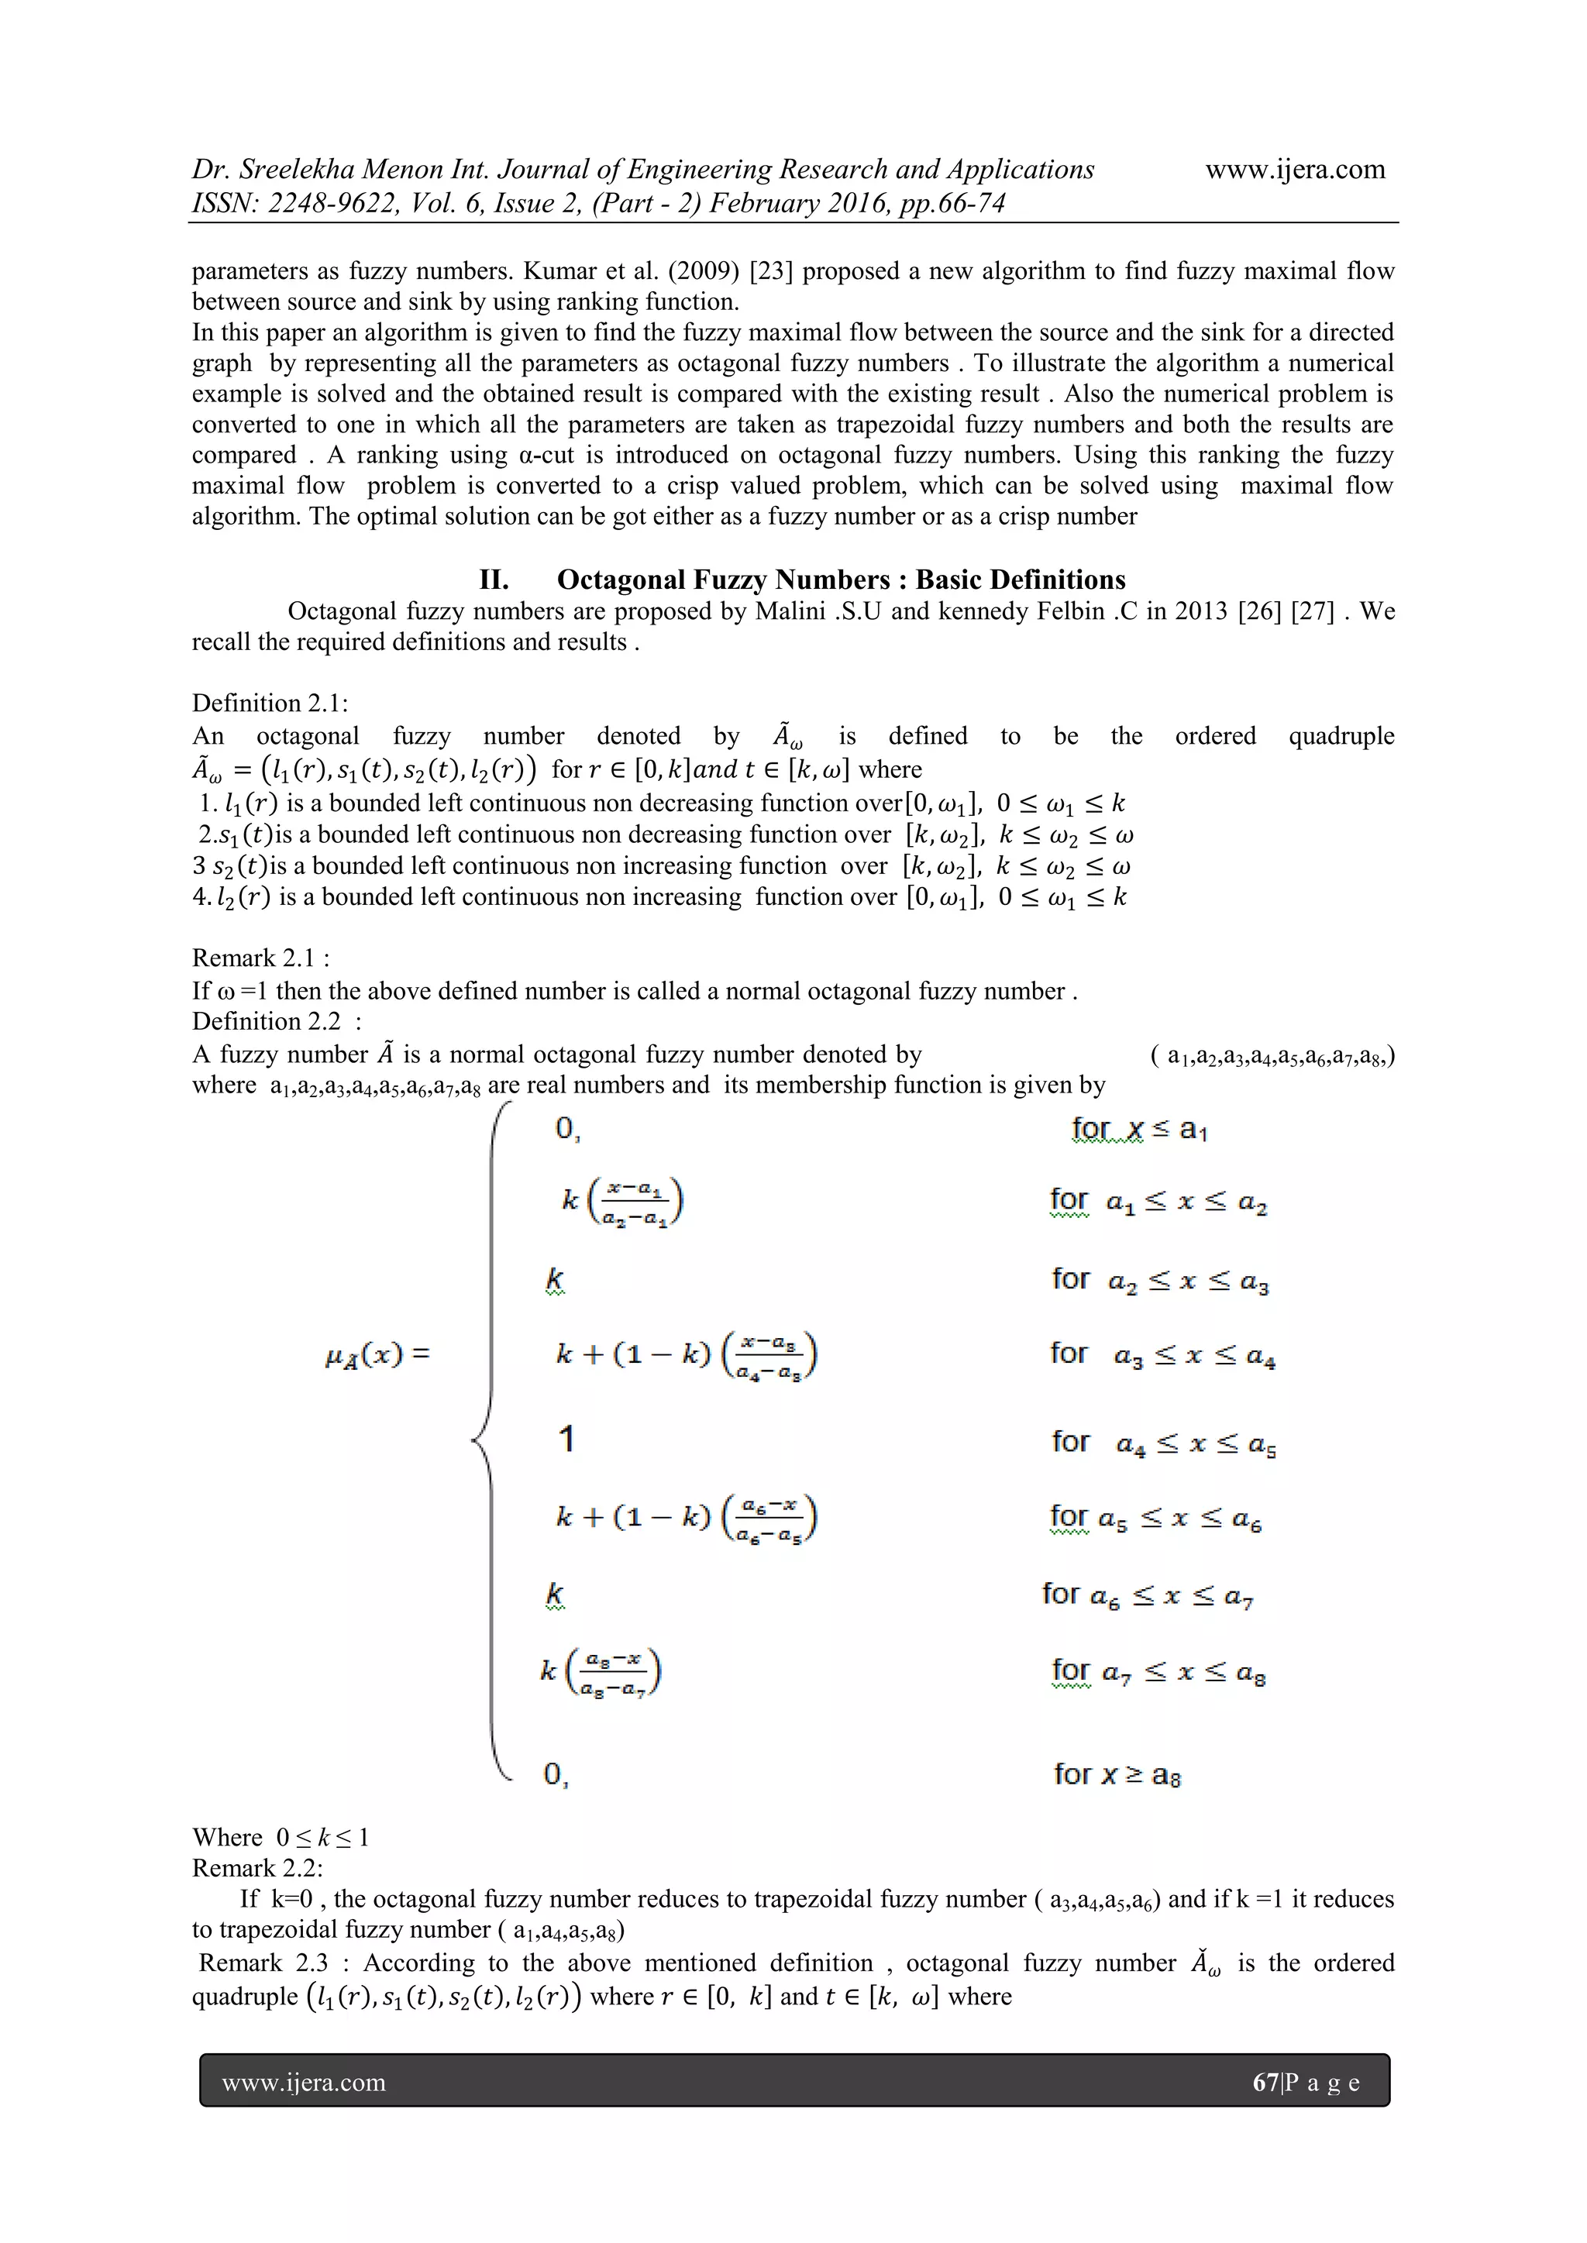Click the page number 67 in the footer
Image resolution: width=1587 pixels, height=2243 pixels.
point(1265,2082)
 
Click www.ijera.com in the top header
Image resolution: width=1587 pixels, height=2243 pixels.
point(1295,169)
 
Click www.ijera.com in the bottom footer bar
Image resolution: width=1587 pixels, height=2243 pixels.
point(304,2082)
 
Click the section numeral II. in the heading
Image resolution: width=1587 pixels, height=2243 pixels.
point(494,580)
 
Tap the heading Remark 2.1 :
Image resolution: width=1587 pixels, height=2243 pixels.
point(260,958)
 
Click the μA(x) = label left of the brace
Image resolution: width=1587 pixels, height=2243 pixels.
point(377,1356)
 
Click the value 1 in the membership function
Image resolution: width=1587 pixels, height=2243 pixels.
point(566,1438)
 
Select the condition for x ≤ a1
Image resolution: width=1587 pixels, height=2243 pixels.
point(1138,1130)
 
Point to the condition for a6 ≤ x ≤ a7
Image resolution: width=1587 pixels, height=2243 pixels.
point(1148,1595)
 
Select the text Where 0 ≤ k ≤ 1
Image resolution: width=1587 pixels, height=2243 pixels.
point(281,1838)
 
